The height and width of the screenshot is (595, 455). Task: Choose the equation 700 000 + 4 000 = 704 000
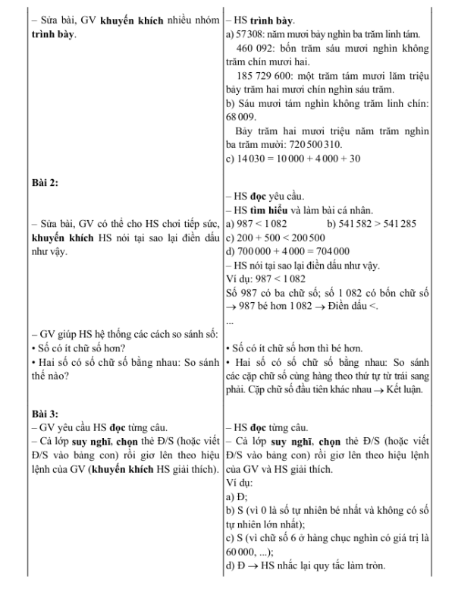point(293,252)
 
